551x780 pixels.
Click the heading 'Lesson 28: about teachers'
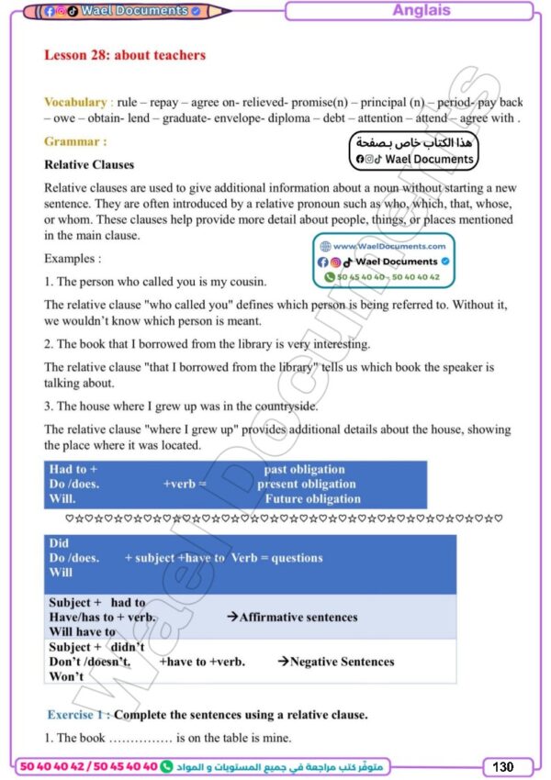pos(125,55)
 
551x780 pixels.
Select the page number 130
pos(503,766)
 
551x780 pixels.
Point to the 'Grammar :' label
pos(75,142)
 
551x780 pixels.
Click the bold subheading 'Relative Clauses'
pos(89,165)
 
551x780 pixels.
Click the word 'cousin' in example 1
pos(245,282)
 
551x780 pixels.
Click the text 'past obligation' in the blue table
pos(304,470)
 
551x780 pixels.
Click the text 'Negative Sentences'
pos(342,662)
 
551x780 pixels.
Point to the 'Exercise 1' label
pos(78,715)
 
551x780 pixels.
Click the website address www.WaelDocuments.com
pos(389,247)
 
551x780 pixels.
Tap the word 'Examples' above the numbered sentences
pos(73,260)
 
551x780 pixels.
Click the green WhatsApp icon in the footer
pos(166,766)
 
